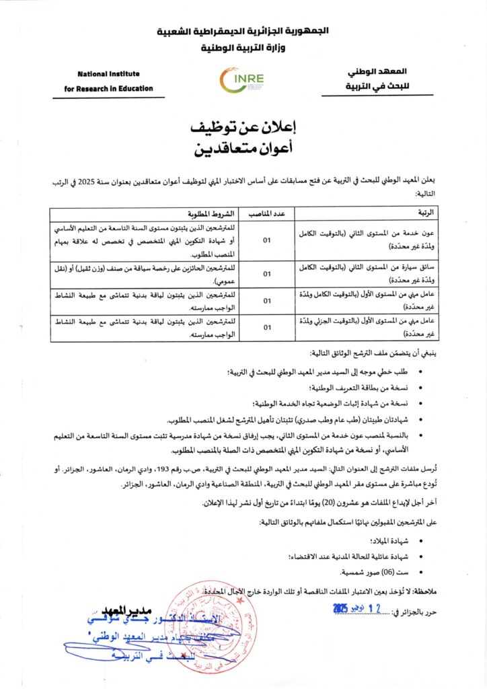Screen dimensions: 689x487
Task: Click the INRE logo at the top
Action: tap(243, 81)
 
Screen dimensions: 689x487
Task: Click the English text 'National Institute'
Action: tap(106, 75)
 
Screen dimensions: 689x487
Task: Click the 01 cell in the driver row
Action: tap(266, 274)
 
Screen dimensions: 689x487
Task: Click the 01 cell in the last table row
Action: tap(266, 328)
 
